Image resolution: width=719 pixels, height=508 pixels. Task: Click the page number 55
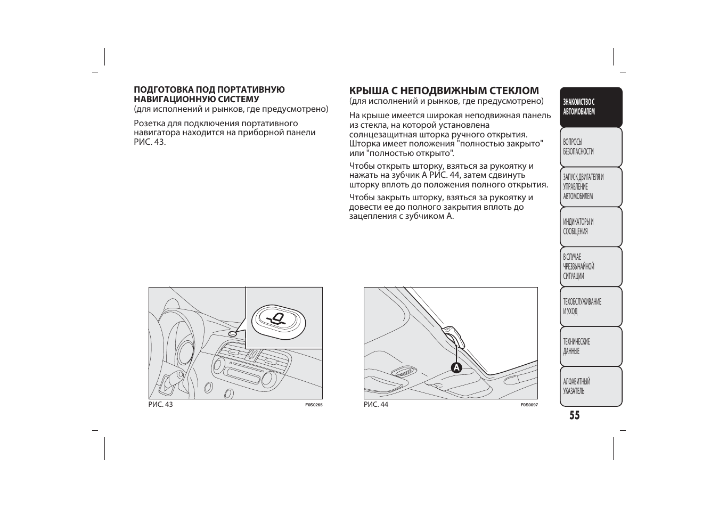[574, 415]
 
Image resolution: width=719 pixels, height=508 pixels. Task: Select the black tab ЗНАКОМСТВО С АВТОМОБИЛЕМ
[591, 107]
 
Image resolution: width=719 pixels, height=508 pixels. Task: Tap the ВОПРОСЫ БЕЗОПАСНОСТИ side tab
[591, 147]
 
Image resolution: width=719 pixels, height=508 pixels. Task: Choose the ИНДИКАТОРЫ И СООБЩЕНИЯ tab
[591, 227]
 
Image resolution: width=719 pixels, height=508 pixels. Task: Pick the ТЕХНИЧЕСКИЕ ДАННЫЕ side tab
[591, 347]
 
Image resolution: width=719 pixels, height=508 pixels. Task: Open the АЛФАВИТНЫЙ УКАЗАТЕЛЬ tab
[591, 387]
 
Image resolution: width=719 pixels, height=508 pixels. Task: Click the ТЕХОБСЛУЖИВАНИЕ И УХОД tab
[591, 307]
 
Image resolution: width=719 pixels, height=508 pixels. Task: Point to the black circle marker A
[456, 367]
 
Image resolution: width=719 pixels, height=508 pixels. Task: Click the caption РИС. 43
[160, 405]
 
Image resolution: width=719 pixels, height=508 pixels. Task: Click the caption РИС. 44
[376, 405]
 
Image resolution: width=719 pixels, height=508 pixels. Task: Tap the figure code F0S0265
[314, 405]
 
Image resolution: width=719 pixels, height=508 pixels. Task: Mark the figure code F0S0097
[529, 405]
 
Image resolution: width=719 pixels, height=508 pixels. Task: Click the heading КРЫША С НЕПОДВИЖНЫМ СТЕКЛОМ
[444, 91]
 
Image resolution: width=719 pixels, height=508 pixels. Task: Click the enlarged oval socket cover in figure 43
[278, 321]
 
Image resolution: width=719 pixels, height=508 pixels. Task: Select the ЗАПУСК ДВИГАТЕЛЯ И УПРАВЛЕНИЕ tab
[591, 187]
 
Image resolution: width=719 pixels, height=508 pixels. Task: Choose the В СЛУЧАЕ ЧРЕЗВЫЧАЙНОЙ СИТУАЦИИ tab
[591, 267]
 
